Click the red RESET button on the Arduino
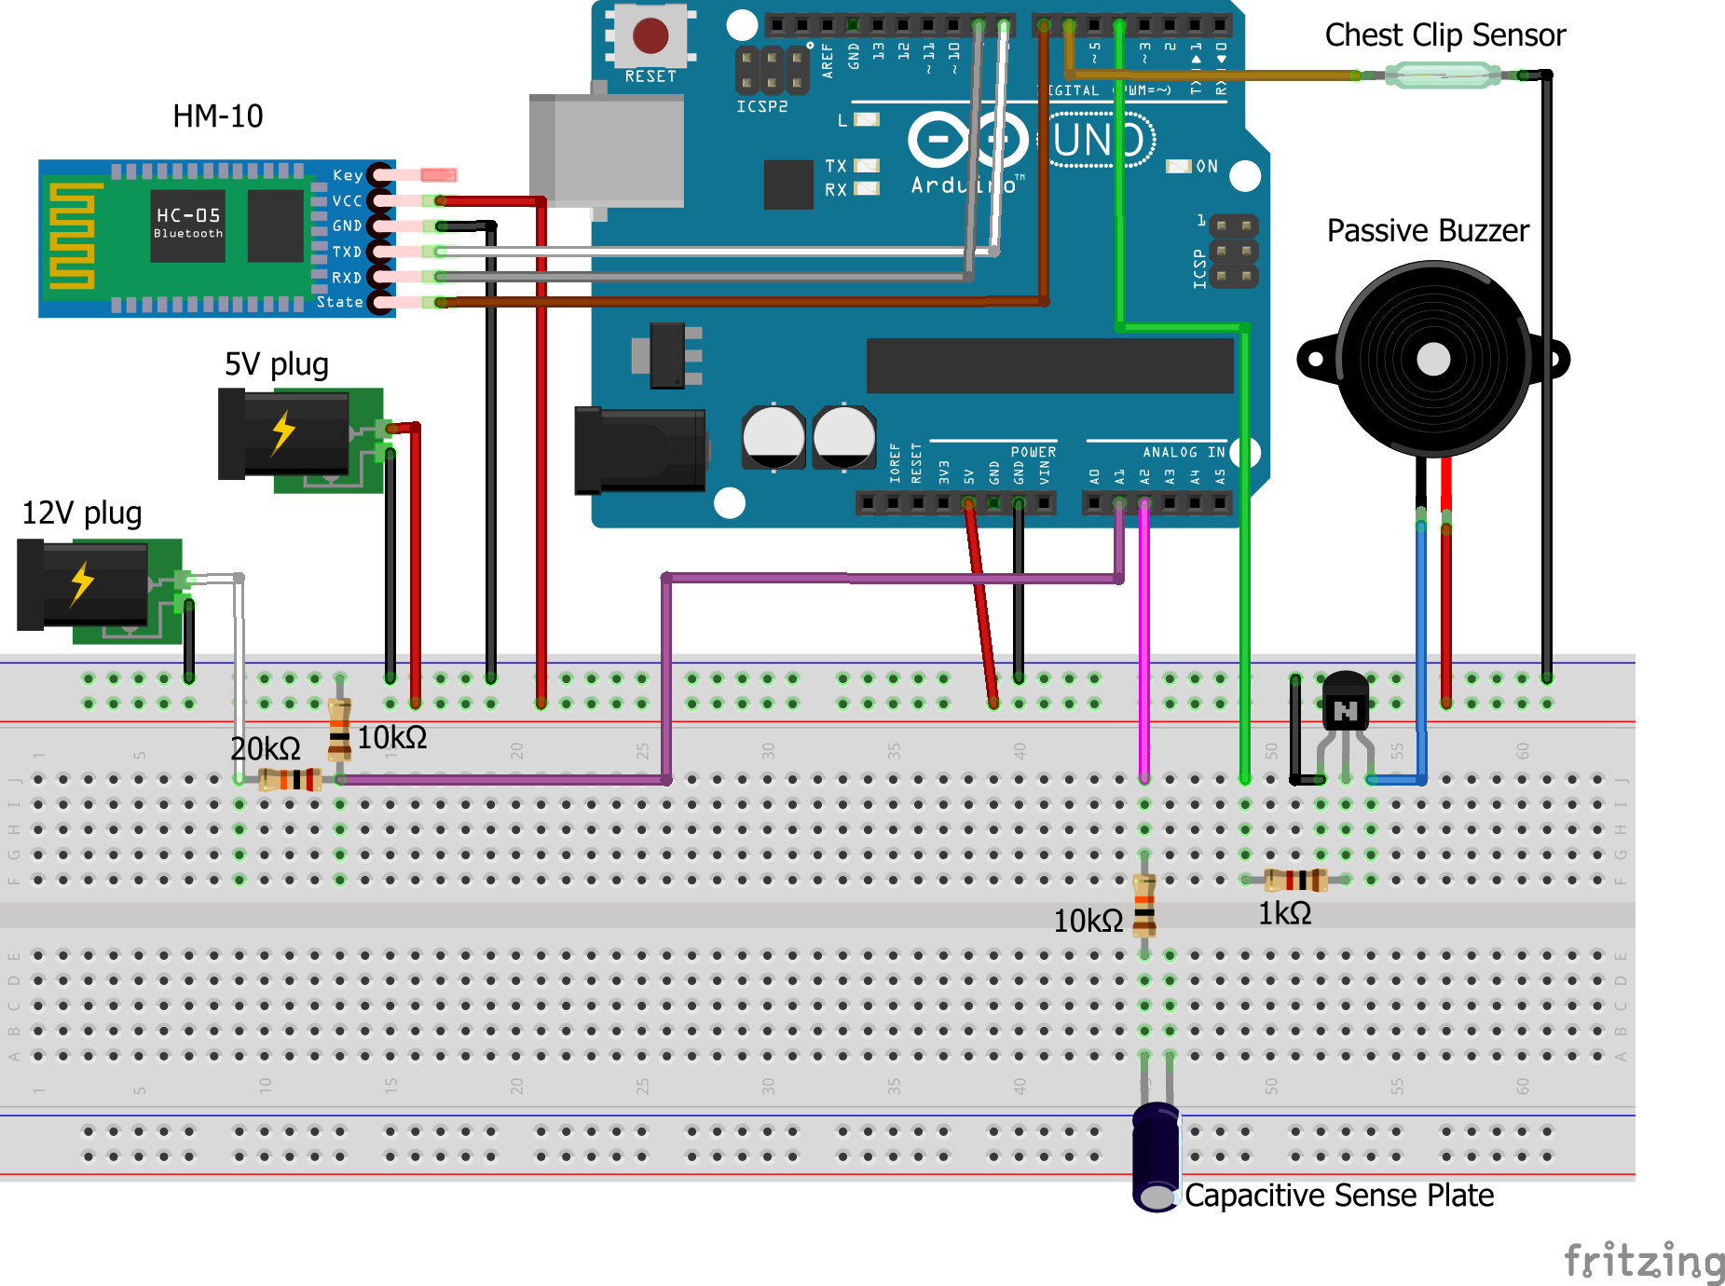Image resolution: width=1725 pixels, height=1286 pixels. point(650,36)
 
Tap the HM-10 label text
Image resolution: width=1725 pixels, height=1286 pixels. point(218,116)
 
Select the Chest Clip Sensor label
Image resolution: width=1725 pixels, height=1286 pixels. point(1444,35)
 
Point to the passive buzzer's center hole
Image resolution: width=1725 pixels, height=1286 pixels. point(1432,359)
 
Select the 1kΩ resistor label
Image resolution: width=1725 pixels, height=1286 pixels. point(1284,914)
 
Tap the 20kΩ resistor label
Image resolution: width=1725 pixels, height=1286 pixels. point(265,748)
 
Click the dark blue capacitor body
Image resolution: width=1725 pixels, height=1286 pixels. point(1157,1156)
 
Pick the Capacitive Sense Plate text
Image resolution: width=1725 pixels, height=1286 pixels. point(1338,1196)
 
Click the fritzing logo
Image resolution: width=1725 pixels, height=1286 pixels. point(1644,1262)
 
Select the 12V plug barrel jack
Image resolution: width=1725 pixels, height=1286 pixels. point(84,585)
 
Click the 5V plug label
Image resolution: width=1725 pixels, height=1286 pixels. point(276,364)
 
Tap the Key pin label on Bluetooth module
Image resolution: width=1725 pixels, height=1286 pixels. point(348,175)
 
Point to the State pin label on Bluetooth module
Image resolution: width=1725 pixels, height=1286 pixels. point(340,302)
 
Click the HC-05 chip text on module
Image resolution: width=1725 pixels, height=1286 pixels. point(188,215)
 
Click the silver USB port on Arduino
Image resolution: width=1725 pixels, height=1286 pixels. point(607,149)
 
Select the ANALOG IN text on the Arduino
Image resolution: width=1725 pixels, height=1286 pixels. point(1184,452)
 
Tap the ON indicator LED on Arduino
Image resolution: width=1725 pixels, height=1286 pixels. point(1180,167)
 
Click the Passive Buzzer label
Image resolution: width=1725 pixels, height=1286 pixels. point(1428,231)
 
